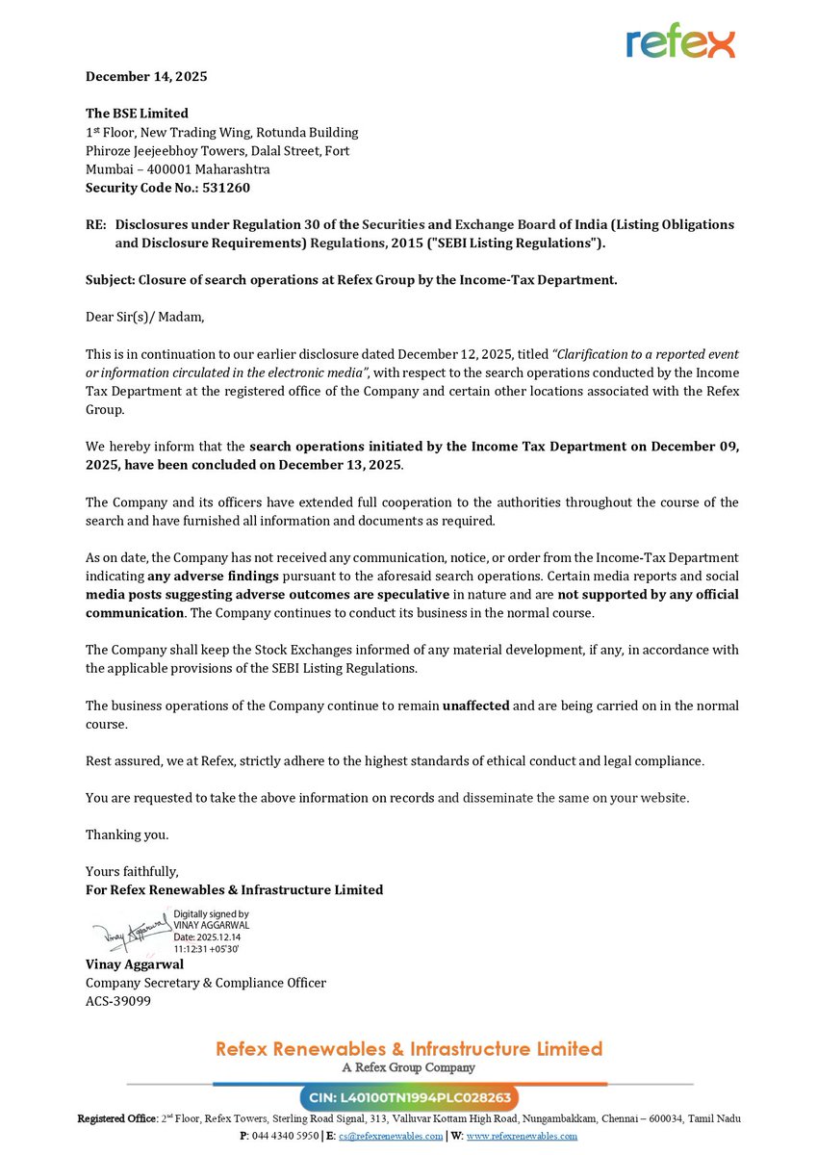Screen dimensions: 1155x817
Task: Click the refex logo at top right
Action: (x=679, y=40)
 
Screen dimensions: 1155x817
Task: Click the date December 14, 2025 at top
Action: (x=146, y=76)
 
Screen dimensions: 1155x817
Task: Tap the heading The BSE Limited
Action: (x=137, y=114)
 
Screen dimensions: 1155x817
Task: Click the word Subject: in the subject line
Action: (x=110, y=280)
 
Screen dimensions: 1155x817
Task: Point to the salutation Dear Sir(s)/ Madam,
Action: (x=144, y=317)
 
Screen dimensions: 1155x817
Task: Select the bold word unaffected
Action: (x=476, y=706)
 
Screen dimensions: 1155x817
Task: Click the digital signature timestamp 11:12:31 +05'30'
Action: (x=206, y=949)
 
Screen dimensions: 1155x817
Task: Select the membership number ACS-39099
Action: (x=117, y=1001)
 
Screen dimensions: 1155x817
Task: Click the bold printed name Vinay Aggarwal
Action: (x=135, y=963)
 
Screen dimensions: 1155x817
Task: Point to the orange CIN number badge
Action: (x=409, y=1098)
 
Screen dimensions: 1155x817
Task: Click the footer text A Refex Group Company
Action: (x=409, y=1067)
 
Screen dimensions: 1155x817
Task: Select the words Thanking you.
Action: (x=127, y=834)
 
